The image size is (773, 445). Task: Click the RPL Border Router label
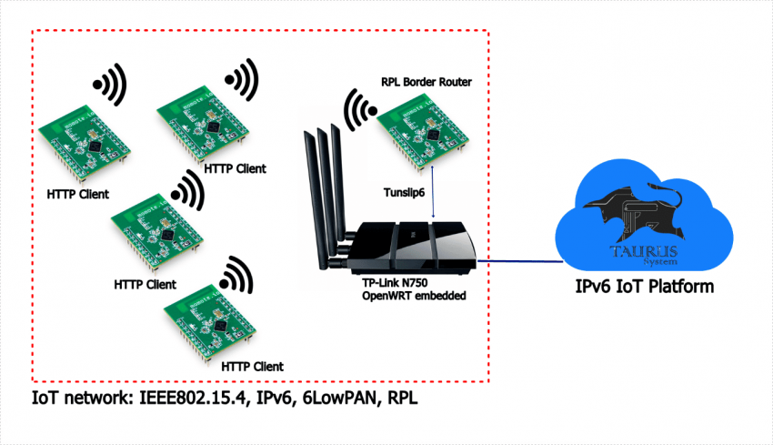[x=427, y=83]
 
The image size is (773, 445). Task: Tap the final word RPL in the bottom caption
[x=399, y=399]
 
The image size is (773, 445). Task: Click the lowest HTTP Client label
[x=248, y=366]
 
